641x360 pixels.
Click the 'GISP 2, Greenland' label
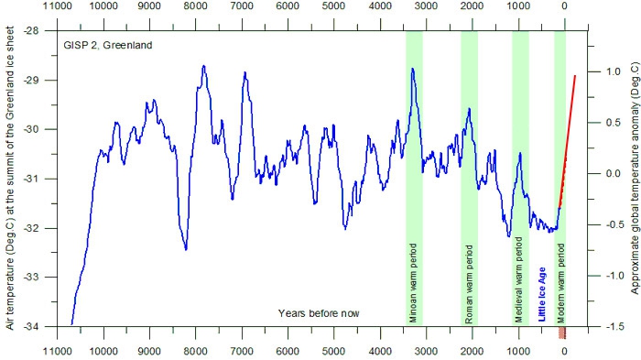107,45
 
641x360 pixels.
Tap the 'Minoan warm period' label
413,283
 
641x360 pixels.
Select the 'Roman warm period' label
469,284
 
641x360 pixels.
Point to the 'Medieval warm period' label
519,279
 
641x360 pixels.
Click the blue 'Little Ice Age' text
542,294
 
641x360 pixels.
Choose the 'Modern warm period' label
560,283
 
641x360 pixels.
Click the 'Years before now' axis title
319,313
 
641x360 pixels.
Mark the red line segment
567,142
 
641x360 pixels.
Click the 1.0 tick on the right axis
613,71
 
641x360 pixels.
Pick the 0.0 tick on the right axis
613,173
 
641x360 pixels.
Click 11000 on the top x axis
57,6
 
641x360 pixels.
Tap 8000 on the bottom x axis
195,352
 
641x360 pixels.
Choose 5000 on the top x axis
333,6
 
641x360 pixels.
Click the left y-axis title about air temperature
10,178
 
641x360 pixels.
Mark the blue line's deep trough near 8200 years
186,249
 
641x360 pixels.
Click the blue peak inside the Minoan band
412,69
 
